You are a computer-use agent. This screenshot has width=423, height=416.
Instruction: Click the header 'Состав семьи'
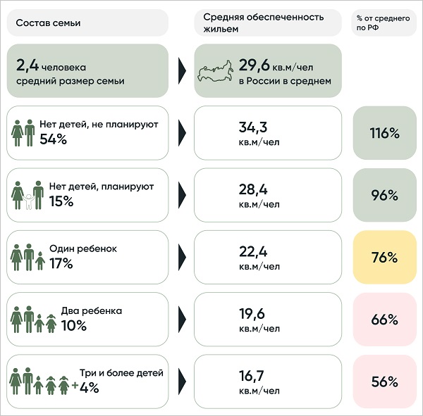[x=48, y=23]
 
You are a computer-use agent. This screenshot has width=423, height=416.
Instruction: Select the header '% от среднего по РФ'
[x=384, y=23]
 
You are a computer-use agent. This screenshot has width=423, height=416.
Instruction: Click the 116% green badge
[x=384, y=133]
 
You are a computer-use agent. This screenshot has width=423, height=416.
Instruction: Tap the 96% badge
[x=384, y=195]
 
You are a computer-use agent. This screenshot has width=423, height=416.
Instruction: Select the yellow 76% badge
[x=384, y=257]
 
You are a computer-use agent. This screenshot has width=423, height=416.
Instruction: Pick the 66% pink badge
[x=384, y=319]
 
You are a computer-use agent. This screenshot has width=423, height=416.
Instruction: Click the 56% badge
[x=384, y=382]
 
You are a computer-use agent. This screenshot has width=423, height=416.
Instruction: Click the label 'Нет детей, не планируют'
[x=104, y=125]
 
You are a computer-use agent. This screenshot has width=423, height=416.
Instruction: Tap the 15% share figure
[x=61, y=201]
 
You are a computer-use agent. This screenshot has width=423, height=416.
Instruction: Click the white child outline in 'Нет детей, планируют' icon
[x=29, y=202]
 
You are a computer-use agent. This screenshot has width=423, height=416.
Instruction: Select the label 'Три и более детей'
[x=121, y=373]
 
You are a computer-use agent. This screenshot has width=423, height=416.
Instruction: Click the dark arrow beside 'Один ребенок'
[x=182, y=257]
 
